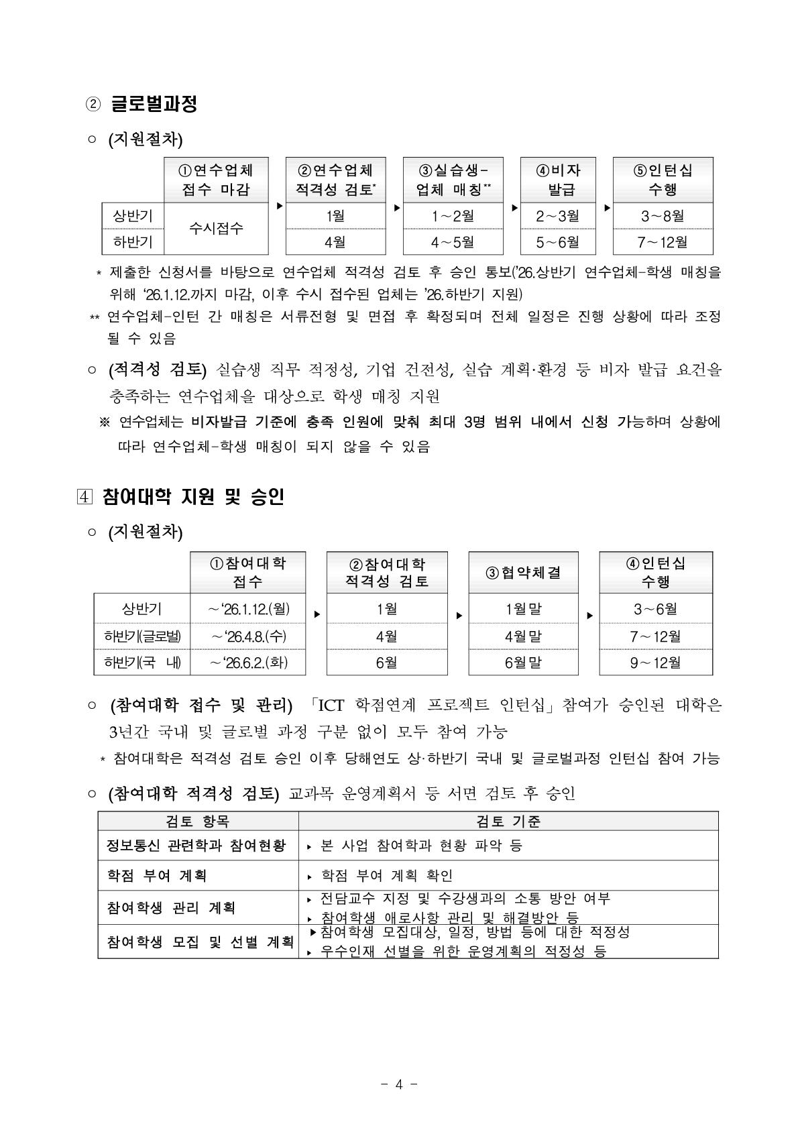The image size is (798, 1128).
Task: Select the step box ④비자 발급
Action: click(x=562, y=180)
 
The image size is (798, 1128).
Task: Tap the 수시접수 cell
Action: click(x=217, y=229)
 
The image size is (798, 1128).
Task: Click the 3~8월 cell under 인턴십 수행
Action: click(x=663, y=216)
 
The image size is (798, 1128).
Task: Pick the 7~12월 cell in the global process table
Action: click(x=663, y=242)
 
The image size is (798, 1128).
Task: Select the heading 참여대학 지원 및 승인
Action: click(x=193, y=497)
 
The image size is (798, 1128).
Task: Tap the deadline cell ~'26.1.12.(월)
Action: click(x=248, y=609)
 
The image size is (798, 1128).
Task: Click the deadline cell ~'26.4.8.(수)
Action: click(x=248, y=636)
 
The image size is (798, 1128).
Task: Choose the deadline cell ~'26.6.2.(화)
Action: click(x=248, y=663)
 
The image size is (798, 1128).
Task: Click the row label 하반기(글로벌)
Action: click(x=142, y=636)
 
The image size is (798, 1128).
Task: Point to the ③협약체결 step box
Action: click(x=523, y=573)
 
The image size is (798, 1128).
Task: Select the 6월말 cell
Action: click(x=523, y=663)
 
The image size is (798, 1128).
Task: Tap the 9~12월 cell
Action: click(x=655, y=663)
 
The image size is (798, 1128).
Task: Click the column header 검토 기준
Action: click(x=508, y=821)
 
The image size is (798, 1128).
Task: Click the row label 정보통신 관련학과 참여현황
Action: click(x=196, y=845)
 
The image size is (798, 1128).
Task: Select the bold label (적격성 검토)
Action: click(x=158, y=370)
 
